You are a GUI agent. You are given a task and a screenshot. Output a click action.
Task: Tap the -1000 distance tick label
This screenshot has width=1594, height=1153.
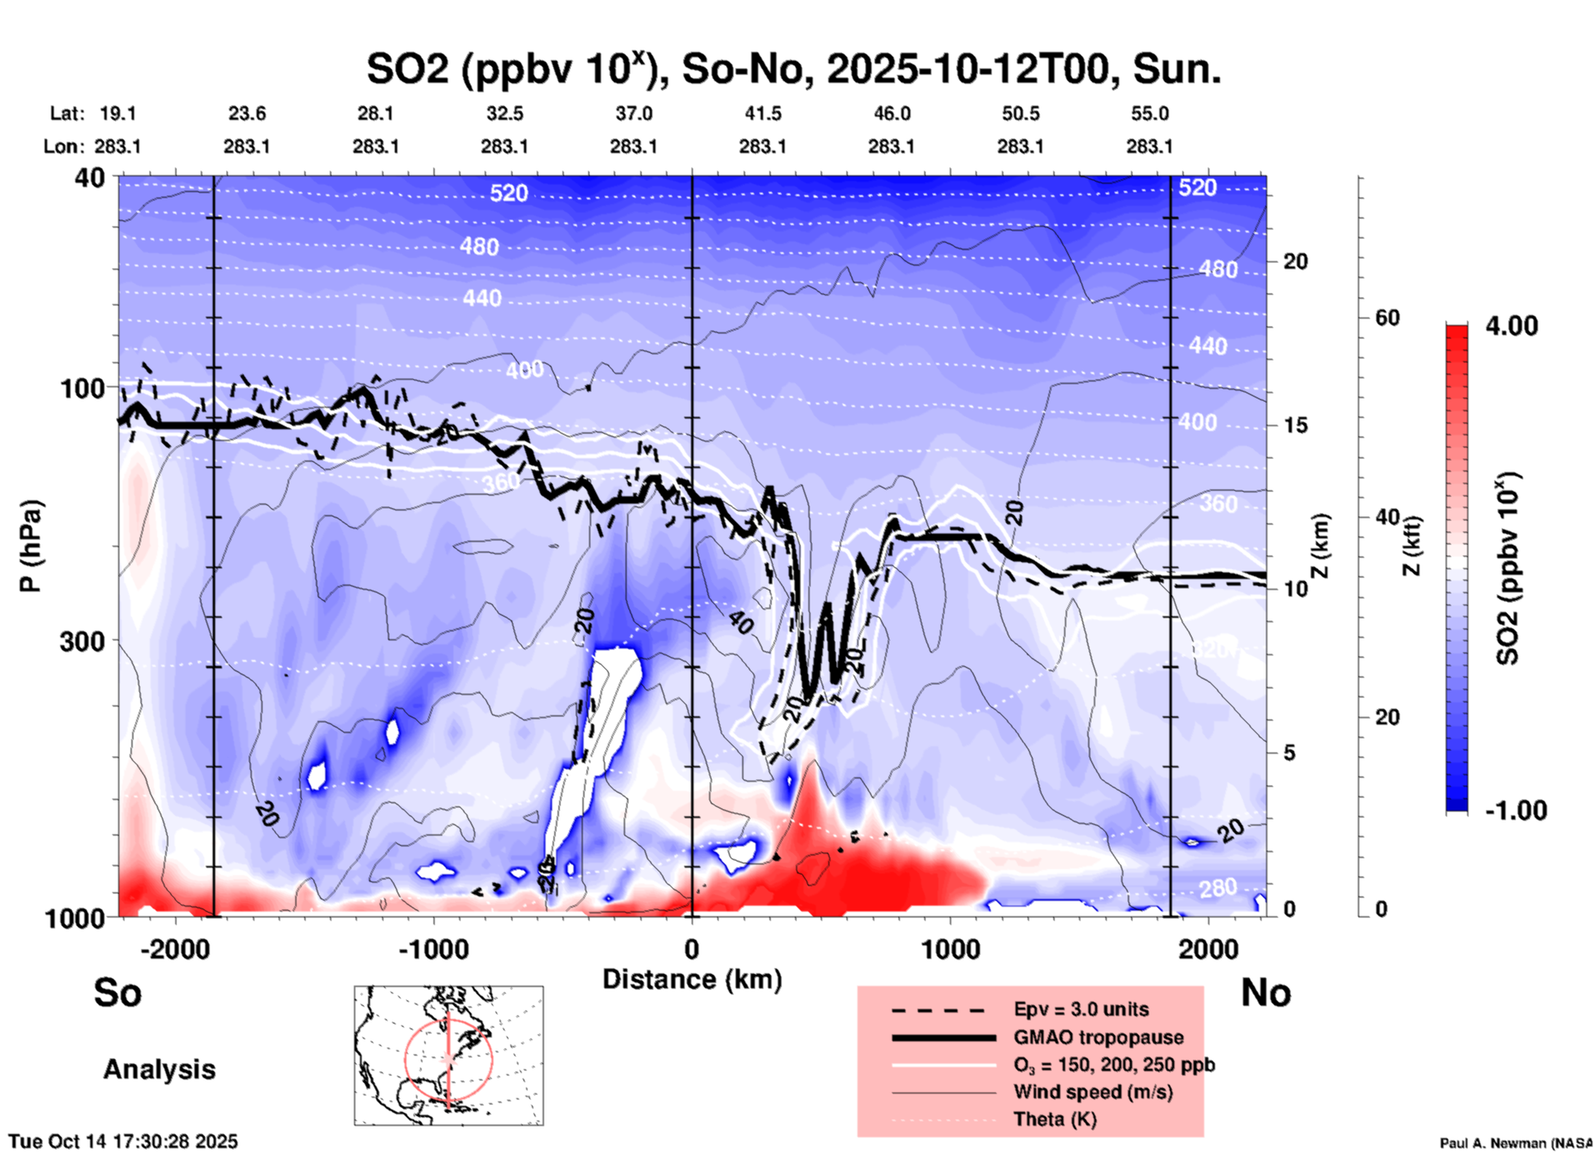click(x=434, y=949)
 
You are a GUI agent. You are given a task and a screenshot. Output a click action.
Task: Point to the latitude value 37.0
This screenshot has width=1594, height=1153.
click(x=633, y=113)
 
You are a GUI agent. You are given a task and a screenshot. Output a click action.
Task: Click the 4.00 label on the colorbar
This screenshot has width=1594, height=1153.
click(x=1511, y=325)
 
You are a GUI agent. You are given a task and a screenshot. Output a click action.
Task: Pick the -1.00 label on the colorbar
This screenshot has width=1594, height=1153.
click(x=1515, y=810)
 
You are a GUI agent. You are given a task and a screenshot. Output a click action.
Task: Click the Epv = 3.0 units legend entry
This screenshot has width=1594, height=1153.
click(x=1080, y=1010)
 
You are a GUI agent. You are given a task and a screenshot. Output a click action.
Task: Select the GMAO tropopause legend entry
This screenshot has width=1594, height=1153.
click(x=1098, y=1037)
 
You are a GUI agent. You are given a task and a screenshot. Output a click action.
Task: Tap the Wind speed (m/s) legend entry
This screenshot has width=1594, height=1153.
click(x=1092, y=1092)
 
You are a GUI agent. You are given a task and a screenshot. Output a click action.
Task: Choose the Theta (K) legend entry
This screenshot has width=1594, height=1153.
click(x=1054, y=1119)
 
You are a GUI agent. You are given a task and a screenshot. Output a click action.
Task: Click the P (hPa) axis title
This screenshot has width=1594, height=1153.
click(x=31, y=546)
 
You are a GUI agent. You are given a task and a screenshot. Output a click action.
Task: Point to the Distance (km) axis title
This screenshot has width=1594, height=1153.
click(x=692, y=979)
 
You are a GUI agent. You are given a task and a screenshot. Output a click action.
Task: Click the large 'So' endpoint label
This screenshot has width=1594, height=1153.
click(x=118, y=993)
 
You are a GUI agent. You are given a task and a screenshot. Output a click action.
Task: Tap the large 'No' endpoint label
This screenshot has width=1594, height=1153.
click(x=1265, y=993)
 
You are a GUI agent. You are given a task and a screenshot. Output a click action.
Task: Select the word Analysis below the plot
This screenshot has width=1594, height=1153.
click(x=159, y=1069)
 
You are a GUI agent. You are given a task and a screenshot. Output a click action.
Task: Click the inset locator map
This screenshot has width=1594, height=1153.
click(x=449, y=1055)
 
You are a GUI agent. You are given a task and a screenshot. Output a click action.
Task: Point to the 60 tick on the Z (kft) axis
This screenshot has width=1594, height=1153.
click(x=1387, y=318)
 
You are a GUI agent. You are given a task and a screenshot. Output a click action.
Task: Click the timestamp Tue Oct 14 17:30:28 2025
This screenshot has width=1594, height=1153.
click(x=123, y=1141)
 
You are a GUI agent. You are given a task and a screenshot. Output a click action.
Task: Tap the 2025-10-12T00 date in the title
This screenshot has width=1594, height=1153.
click(x=967, y=69)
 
